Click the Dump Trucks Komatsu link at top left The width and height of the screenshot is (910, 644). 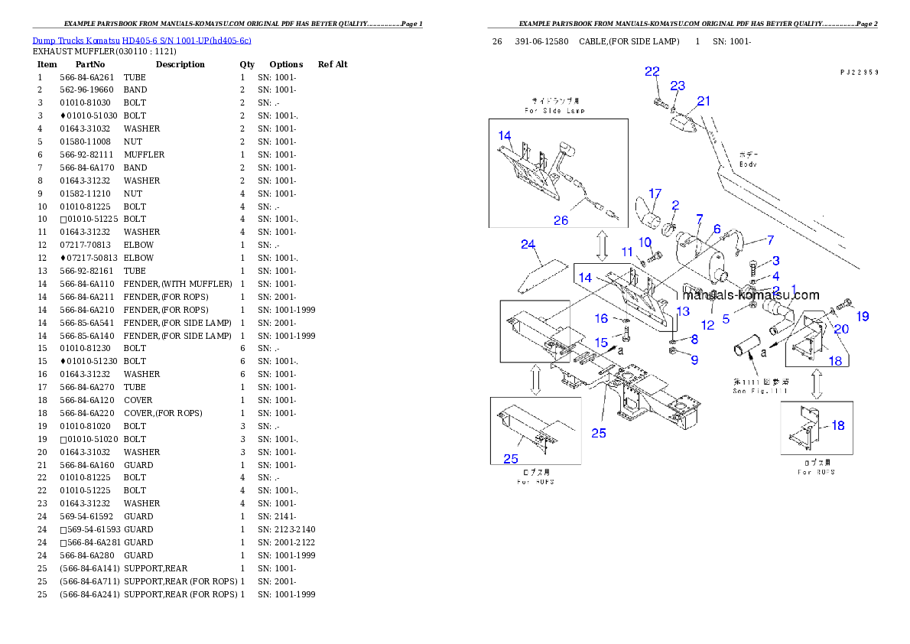pos(141,41)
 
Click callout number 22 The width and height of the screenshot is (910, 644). pos(652,71)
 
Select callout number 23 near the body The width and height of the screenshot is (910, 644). pos(678,86)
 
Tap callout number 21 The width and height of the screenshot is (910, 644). pos(704,100)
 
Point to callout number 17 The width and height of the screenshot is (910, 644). pos(655,193)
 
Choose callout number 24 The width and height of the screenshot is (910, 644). pos(528,244)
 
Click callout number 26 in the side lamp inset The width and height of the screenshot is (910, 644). pos(561,220)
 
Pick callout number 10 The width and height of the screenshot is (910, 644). pos(645,242)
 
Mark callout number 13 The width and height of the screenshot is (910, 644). pos(683,311)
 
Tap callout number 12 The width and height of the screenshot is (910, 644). pos(707,325)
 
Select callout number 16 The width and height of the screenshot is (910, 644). pos(602,318)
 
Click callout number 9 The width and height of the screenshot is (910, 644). pos(694,359)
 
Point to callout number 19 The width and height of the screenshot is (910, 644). pos(863,316)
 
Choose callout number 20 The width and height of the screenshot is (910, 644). pos(841,330)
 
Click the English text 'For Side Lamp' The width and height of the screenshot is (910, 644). pos(555,111)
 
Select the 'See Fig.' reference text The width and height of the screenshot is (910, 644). pos(759,391)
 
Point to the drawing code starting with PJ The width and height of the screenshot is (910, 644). pos(858,72)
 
